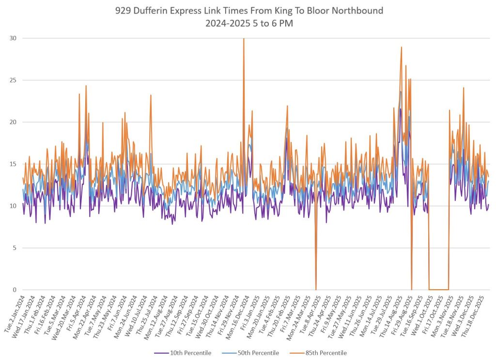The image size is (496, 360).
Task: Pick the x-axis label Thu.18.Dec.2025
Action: [476, 315]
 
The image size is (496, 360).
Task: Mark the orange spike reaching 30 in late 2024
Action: [244, 40]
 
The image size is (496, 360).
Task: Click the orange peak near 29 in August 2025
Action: [401, 48]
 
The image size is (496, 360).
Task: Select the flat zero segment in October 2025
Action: [438, 289]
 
